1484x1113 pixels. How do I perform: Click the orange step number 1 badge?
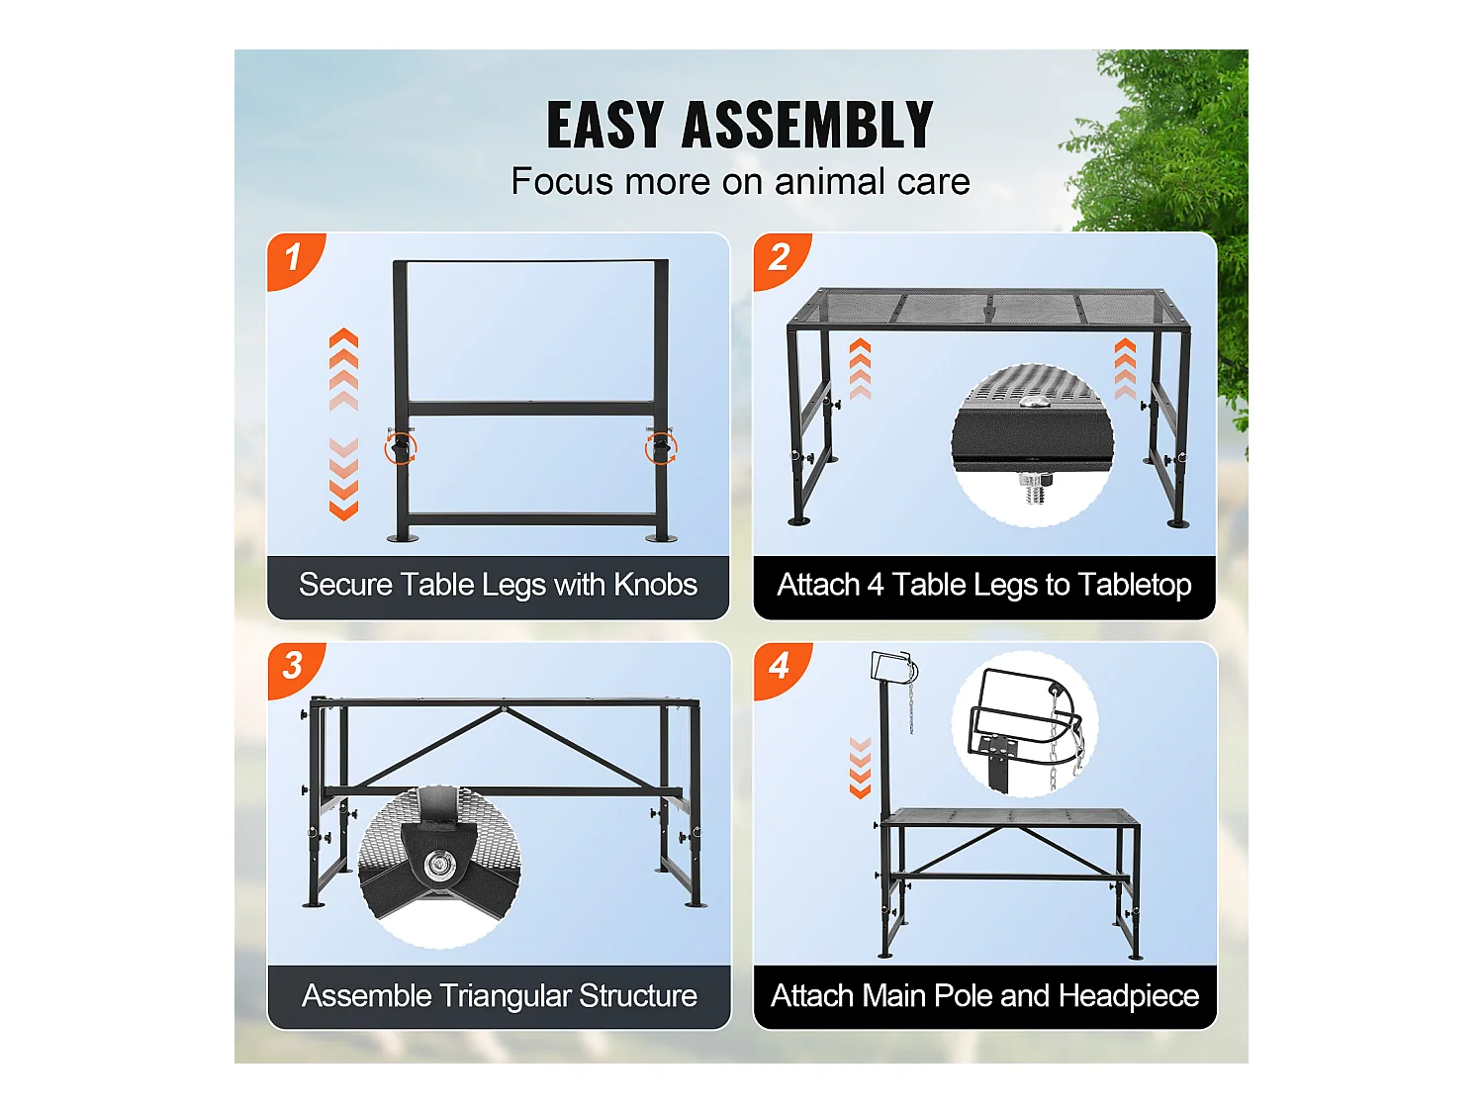pos(293,259)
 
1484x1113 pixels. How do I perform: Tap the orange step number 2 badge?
pos(779,259)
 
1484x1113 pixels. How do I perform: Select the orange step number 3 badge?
pos(293,667)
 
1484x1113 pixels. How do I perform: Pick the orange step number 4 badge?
pos(780,667)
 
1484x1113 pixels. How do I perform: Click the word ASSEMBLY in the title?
pos(807,125)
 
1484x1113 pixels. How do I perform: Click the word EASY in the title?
pos(604,125)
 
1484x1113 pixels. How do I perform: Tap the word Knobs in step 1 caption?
pos(655,585)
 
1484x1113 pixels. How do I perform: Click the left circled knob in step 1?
pos(401,448)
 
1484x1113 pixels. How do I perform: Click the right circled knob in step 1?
pos(661,448)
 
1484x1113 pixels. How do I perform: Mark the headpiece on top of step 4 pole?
pos(893,668)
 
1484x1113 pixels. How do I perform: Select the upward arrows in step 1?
pos(343,370)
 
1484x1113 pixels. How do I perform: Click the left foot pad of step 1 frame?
pos(403,538)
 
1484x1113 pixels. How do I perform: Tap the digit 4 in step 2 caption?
pos(876,585)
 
